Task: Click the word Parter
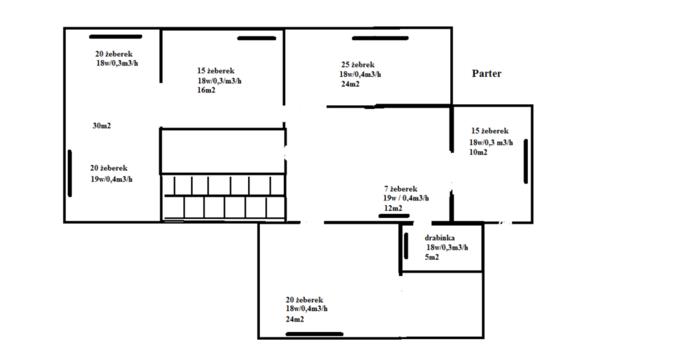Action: pos(487,73)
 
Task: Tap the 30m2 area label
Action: pos(101,126)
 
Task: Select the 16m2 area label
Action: pos(206,90)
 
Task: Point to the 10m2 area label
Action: pos(478,152)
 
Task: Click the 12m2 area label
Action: pos(393,208)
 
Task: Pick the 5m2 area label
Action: pos(431,257)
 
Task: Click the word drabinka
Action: pos(440,238)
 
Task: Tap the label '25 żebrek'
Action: pos(357,65)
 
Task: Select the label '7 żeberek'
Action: pos(401,189)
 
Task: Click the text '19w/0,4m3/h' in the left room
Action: pos(111,179)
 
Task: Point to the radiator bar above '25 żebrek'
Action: pos(380,38)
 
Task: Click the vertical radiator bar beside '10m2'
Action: pos(526,161)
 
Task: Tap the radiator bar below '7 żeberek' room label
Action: pos(394,216)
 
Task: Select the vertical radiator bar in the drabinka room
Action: pos(405,245)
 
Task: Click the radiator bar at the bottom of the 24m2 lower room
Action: pos(315,333)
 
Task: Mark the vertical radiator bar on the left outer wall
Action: pos(70,173)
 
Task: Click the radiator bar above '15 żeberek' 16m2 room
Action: pos(257,38)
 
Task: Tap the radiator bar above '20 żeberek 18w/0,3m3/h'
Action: pos(115,36)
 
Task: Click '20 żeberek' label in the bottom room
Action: pos(305,300)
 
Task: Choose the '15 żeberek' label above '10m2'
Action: pos(490,131)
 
